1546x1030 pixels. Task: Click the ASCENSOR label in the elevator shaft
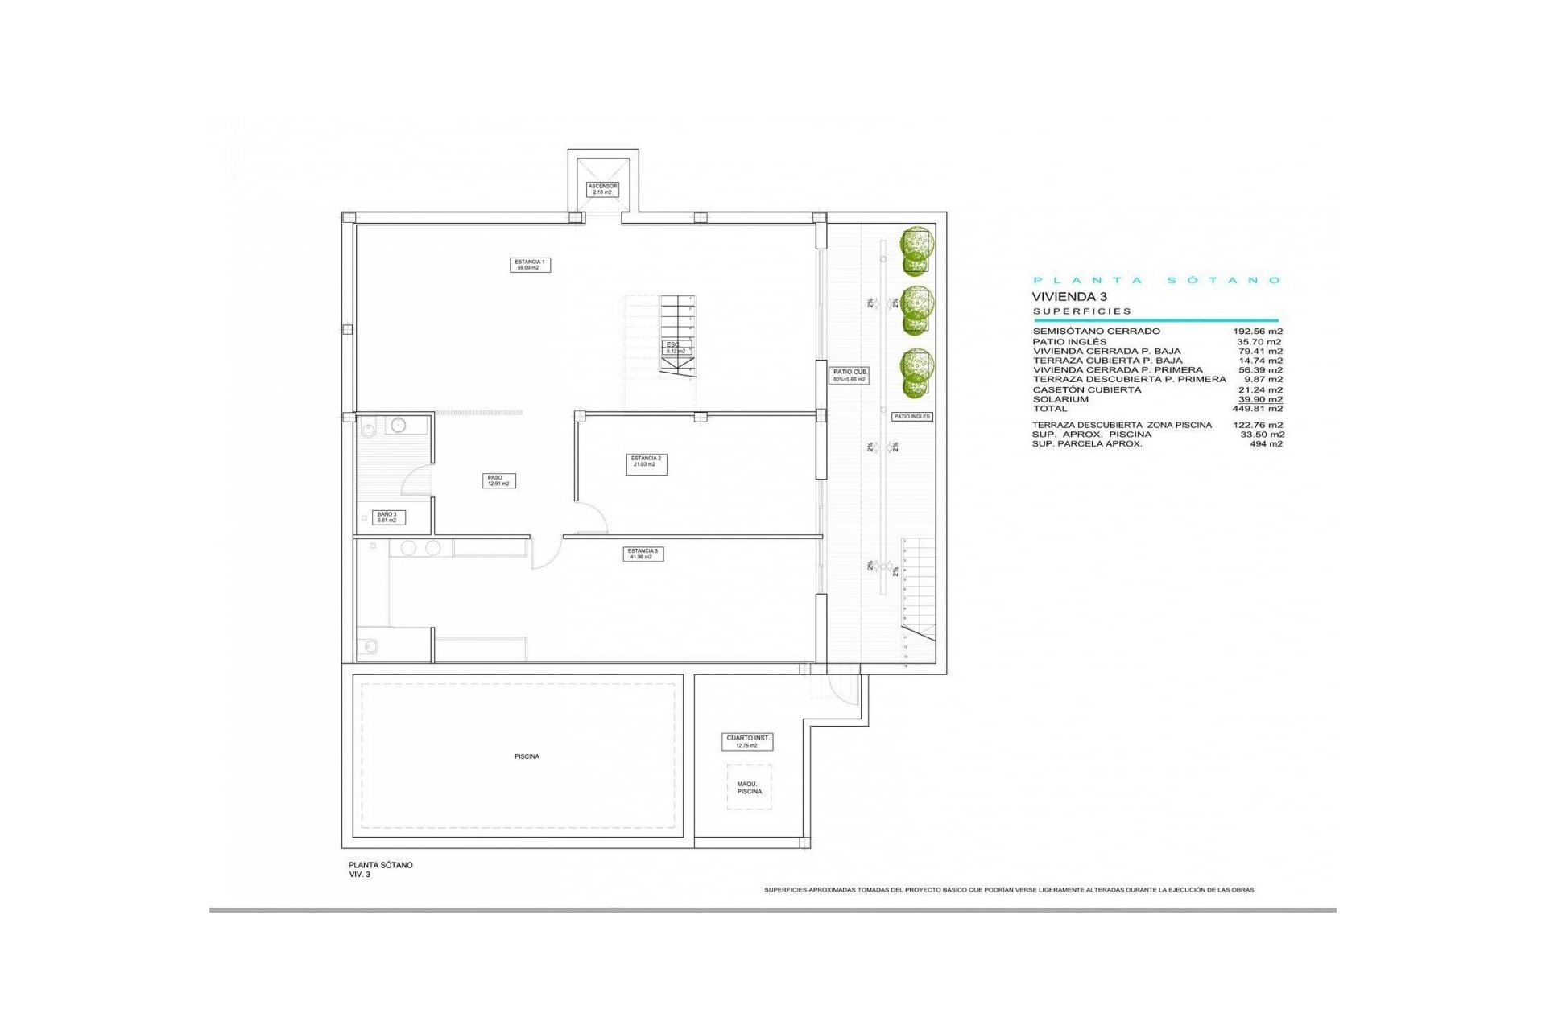(602, 189)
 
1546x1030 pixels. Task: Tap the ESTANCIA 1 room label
(530, 265)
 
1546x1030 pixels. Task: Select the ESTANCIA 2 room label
(646, 461)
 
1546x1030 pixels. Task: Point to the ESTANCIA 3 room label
(643, 554)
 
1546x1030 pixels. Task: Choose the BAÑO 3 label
(387, 517)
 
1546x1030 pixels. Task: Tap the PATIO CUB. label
(849, 375)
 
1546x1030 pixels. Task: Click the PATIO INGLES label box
(911, 417)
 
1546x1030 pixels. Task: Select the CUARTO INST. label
(747, 741)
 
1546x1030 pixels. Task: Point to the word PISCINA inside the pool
(527, 756)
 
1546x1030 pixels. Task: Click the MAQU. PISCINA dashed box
(749, 787)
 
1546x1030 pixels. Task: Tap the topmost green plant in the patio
(916, 250)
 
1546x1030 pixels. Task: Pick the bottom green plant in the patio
(916, 373)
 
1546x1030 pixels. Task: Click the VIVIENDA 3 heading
(1069, 297)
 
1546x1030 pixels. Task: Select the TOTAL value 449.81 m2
(1257, 409)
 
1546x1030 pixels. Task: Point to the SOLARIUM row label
(1060, 399)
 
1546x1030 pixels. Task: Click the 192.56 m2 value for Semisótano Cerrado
(1257, 331)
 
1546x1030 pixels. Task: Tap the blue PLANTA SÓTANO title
(1156, 280)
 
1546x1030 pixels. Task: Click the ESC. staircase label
(675, 348)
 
